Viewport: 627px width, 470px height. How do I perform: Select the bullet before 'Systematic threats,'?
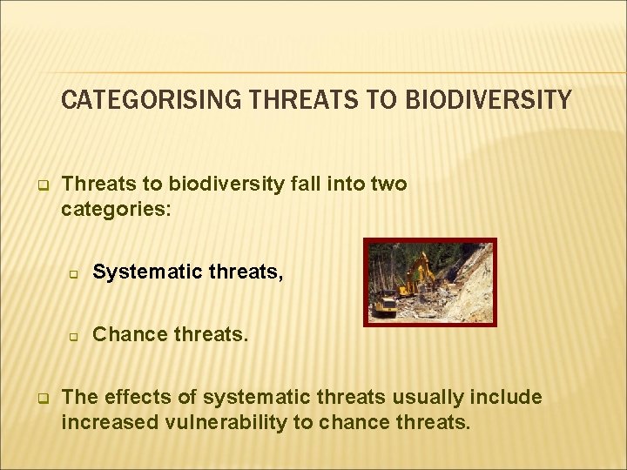74,274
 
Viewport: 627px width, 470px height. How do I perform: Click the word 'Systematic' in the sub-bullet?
139,272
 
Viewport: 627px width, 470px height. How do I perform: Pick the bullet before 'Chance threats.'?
74,335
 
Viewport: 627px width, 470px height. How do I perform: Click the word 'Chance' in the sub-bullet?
124,333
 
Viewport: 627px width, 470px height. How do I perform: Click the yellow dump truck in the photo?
385,305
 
